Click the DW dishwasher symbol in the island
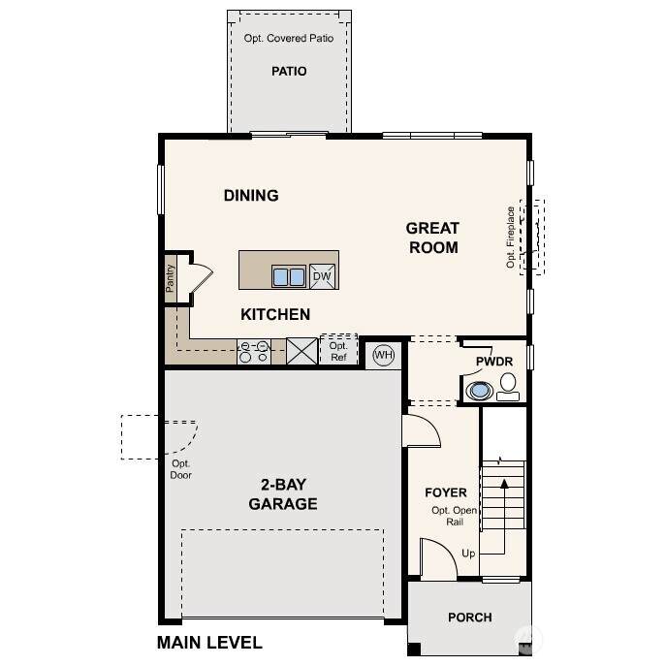(x=322, y=276)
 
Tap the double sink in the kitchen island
(x=289, y=276)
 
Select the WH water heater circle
(x=384, y=355)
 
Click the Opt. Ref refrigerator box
(x=338, y=350)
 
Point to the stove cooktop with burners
(x=254, y=351)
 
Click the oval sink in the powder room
(x=480, y=390)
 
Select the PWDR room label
(x=494, y=362)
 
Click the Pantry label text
(x=170, y=278)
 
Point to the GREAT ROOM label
(x=432, y=238)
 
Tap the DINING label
(x=251, y=196)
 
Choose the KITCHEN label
(x=275, y=314)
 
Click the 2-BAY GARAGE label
(x=283, y=494)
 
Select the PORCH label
(x=470, y=618)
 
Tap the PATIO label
(x=289, y=71)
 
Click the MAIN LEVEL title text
(x=209, y=642)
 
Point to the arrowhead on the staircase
(x=504, y=483)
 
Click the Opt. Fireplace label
(x=511, y=237)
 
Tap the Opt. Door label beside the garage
(x=181, y=469)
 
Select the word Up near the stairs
(x=468, y=554)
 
